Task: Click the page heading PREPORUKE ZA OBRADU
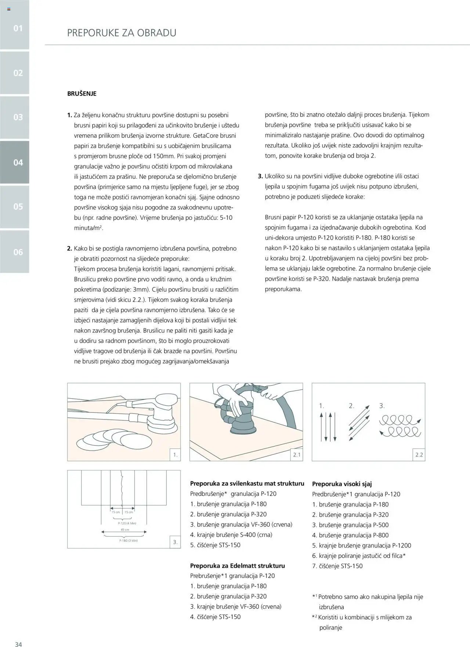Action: coord(122,33)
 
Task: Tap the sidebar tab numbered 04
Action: coord(18,163)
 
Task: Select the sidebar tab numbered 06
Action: coord(18,252)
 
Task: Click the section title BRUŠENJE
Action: coord(82,94)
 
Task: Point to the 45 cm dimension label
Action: coord(125,530)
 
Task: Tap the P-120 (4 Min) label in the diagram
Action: coord(127,523)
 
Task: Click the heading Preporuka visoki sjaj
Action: coord(342,484)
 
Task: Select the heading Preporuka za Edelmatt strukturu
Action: coord(237,566)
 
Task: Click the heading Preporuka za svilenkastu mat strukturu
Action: coord(247,484)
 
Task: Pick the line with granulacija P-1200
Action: coord(362,545)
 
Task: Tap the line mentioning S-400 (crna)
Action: coord(231,535)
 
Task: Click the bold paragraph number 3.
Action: coord(261,177)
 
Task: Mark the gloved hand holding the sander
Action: coord(235,404)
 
